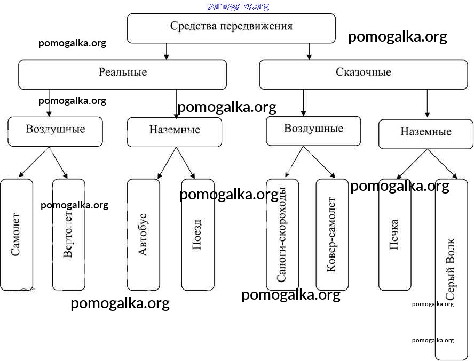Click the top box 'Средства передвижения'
coord(231,28)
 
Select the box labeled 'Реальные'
coord(122,74)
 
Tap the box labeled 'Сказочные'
coord(364,74)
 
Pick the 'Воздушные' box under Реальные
coord(55,131)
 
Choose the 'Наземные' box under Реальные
coord(175,132)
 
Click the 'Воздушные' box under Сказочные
coord(313,131)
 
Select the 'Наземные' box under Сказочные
coord(425,134)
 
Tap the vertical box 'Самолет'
coord(16,235)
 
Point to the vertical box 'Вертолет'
coord(68,235)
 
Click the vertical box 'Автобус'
coord(143,235)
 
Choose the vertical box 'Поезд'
coord(197,235)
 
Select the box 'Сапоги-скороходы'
coord(282,235)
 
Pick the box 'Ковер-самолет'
coord(332,235)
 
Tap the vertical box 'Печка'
coord(394,235)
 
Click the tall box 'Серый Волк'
coord(451,269)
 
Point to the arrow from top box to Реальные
coord(167,51)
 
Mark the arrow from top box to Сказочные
coord(310,51)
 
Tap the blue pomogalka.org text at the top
coord(238,6)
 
